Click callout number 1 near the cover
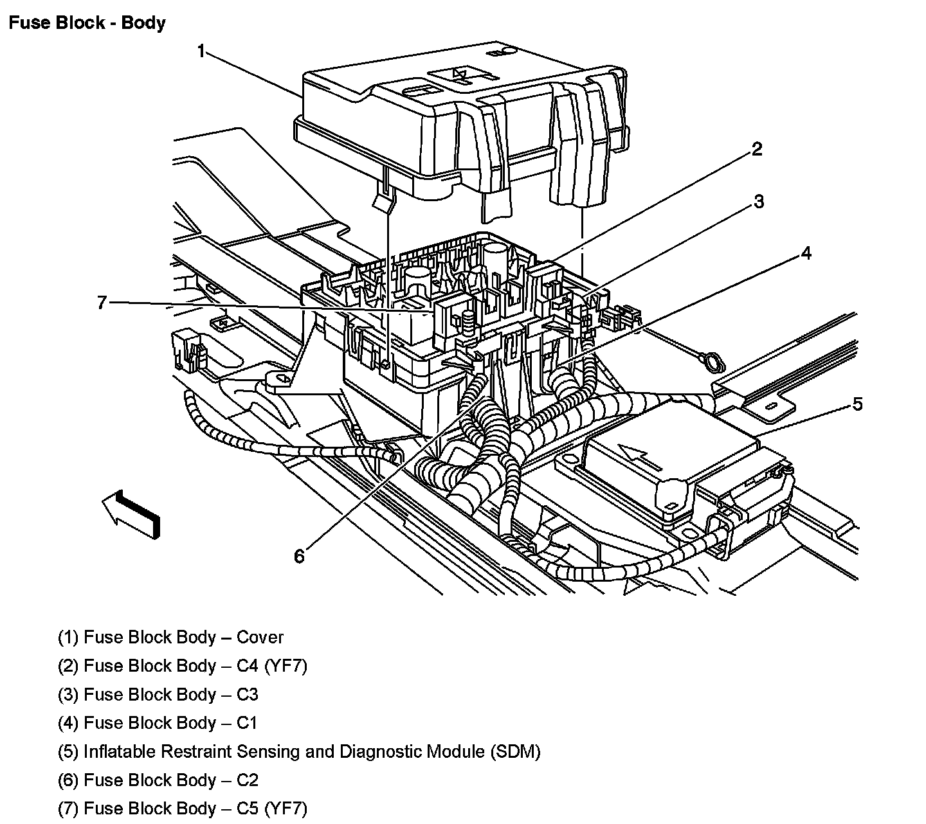(201, 51)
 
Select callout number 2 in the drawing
(757, 150)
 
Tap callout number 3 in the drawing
(759, 202)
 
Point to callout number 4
(806, 253)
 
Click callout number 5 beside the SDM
(857, 404)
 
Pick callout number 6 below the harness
(299, 556)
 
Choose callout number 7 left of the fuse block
(102, 302)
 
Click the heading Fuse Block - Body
(87, 23)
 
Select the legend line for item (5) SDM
(299, 751)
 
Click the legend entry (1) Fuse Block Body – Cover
(170, 638)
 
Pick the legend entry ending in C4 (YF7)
(183, 666)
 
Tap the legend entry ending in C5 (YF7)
(183, 808)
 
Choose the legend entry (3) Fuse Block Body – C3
(158, 695)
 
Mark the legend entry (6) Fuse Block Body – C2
(158, 780)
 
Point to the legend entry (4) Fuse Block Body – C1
(158, 723)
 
